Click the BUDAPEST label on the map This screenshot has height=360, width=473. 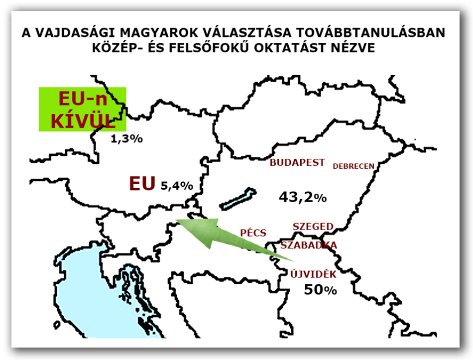click(297, 163)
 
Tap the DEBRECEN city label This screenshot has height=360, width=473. click(353, 166)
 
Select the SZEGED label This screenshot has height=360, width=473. click(313, 227)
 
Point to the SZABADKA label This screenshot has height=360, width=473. click(309, 245)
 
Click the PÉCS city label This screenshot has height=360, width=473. click(253, 233)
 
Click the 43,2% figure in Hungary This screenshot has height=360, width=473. click(302, 197)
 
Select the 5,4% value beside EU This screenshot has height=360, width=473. click(177, 186)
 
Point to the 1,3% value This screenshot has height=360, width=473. click(126, 139)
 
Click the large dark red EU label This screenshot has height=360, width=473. click(143, 184)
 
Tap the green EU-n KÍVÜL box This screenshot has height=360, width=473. click(82, 110)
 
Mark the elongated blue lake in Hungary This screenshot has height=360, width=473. click(237, 199)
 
